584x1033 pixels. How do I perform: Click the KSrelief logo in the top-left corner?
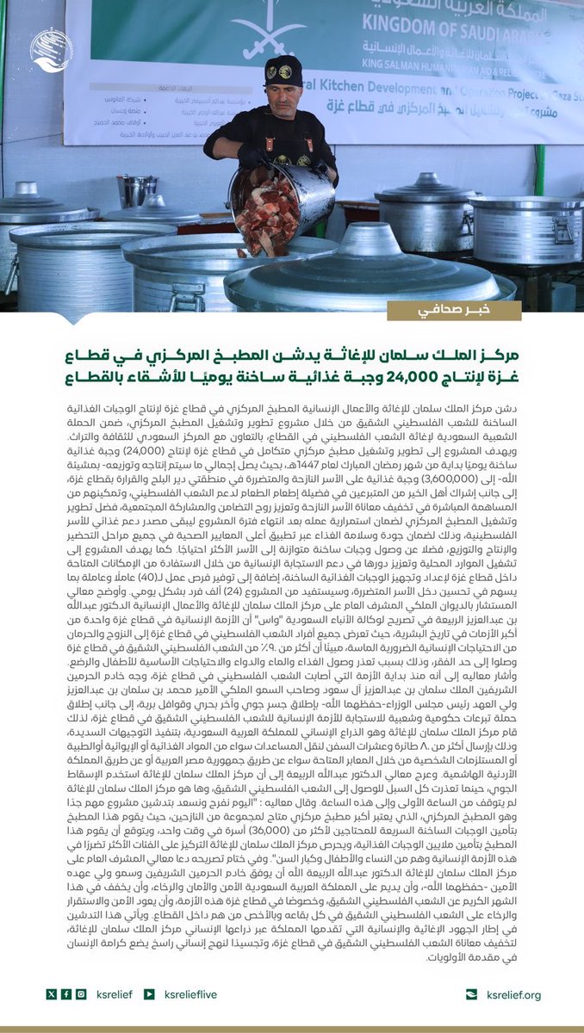[x=52, y=51]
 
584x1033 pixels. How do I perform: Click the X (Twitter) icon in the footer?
[x=52, y=994]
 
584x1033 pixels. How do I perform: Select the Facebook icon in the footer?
[x=66, y=994]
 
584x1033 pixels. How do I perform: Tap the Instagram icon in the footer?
[x=81, y=994]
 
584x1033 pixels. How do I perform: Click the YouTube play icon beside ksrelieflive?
[x=150, y=994]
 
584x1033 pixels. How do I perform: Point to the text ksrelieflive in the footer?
[x=191, y=994]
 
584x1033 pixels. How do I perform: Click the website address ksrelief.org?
[x=513, y=994]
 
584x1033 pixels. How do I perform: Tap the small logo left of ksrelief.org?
[x=470, y=994]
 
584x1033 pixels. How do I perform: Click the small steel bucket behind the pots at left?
[x=138, y=191]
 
